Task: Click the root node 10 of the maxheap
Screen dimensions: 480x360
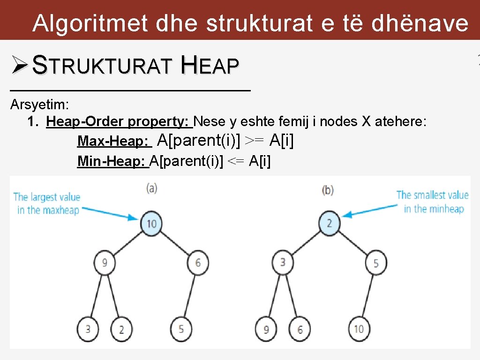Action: coord(151,223)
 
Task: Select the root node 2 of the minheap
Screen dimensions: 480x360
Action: coord(329,223)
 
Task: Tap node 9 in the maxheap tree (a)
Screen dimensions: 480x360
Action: coord(105,262)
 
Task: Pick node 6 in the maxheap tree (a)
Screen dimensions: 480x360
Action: coord(198,262)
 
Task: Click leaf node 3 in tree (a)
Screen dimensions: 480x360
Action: coord(88,329)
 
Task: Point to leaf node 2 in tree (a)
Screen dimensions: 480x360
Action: coord(121,329)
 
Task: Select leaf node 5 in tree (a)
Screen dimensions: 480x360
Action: coord(181,329)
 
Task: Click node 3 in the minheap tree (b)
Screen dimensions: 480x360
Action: coord(282,262)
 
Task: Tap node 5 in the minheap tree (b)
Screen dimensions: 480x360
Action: coord(376,263)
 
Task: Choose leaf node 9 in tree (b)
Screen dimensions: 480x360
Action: coord(266,329)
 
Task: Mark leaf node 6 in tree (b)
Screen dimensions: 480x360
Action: coord(300,329)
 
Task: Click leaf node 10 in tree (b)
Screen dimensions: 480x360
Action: coord(359,329)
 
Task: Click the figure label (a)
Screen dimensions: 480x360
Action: coord(151,188)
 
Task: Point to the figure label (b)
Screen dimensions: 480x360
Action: coord(328,190)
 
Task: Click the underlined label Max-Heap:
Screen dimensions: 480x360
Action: coord(114,141)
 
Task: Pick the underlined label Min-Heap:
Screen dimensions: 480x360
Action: coord(112,162)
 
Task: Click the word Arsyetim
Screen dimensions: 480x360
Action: coord(39,104)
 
